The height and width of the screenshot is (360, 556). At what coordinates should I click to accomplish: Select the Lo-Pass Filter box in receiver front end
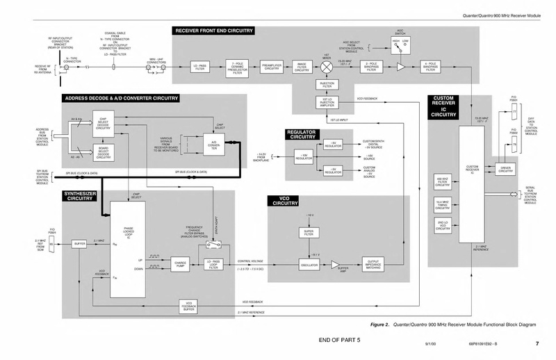(x=200, y=67)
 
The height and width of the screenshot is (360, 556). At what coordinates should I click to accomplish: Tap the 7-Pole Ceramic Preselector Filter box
(x=237, y=67)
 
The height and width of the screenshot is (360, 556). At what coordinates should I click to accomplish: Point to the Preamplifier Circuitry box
(x=271, y=67)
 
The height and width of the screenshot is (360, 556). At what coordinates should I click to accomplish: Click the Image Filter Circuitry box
(x=302, y=67)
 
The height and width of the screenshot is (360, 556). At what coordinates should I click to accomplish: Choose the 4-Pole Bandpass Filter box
(x=430, y=67)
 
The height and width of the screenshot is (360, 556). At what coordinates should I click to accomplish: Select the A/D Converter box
(x=214, y=147)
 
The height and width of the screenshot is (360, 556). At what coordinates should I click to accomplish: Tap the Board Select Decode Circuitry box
(x=103, y=153)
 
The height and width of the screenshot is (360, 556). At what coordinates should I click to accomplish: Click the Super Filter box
(x=309, y=232)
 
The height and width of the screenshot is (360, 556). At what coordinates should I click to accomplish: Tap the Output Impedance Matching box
(x=373, y=265)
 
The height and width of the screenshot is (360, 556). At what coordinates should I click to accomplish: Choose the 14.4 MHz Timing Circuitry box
(x=443, y=204)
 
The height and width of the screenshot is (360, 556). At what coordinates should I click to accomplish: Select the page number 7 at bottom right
(x=537, y=343)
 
